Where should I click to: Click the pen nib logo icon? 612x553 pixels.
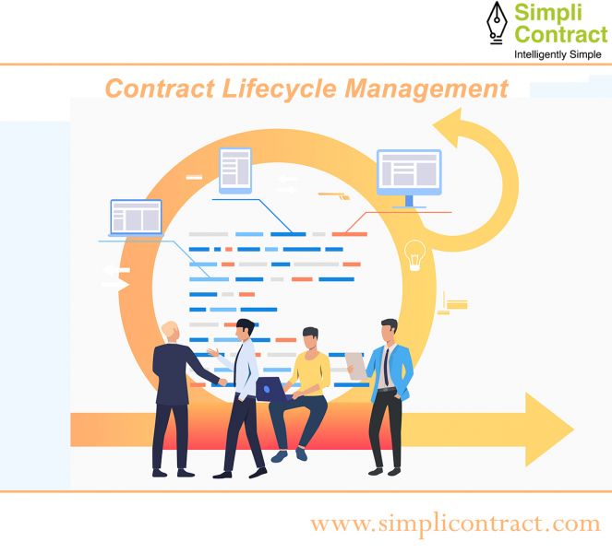click(x=497, y=22)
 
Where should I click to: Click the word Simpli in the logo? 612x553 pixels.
click(x=548, y=13)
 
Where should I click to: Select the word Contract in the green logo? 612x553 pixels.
click(x=561, y=33)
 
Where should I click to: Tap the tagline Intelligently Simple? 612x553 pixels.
click(x=558, y=54)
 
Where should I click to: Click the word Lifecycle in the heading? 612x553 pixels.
click(x=279, y=88)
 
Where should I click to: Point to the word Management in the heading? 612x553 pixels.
click(x=426, y=89)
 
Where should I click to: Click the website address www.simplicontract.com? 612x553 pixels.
click(x=455, y=524)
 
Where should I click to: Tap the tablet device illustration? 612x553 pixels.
click(x=235, y=171)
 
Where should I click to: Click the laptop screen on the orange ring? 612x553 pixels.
click(x=136, y=218)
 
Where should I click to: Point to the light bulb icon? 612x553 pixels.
click(x=414, y=255)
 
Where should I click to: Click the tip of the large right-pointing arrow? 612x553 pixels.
click(x=574, y=429)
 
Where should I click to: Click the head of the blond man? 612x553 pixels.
click(x=171, y=332)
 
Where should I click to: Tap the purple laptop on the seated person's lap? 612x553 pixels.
click(x=270, y=389)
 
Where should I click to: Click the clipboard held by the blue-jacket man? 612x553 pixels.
click(x=356, y=366)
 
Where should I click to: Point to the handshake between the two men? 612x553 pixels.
click(x=222, y=382)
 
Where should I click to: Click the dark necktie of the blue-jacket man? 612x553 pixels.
click(x=386, y=367)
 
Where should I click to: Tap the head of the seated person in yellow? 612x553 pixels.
click(x=311, y=338)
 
